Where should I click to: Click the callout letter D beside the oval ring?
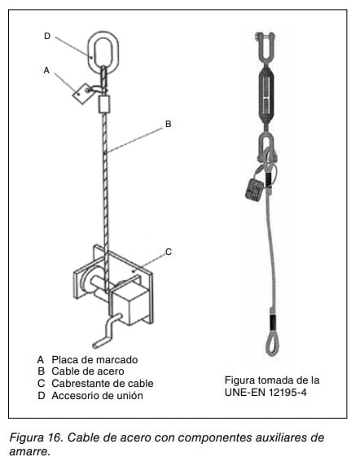click(47, 36)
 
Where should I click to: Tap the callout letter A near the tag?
click(46, 70)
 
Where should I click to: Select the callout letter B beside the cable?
click(168, 124)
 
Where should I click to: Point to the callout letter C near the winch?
click(169, 252)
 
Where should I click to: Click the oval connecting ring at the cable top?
click(89, 51)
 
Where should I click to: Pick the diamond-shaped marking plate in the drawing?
click(82, 94)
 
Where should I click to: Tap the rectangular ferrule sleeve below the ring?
click(104, 104)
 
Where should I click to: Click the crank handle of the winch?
click(108, 332)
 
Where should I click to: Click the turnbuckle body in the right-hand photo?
click(266, 95)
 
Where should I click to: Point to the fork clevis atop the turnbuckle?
click(266, 48)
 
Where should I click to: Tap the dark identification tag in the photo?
click(254, 190)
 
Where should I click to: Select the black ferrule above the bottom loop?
click(272, 322)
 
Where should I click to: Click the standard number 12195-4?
click(288, 393)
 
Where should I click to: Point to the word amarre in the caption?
click(29, 451)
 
